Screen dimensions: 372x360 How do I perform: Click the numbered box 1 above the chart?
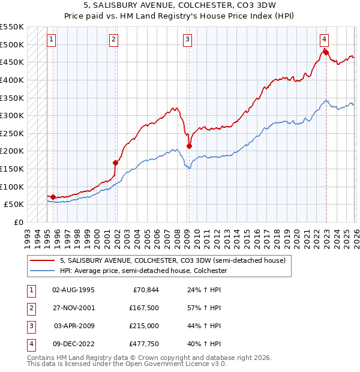[52, 40]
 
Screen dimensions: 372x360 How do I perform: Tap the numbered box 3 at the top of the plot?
[188, 40]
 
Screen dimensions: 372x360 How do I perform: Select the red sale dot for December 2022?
[326, 52]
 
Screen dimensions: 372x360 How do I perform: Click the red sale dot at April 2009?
[189, 146]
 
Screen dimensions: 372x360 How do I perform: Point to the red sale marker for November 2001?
[116, 163]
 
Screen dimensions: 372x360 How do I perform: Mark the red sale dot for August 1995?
[53, 197]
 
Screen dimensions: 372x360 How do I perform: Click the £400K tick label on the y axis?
[11, 80]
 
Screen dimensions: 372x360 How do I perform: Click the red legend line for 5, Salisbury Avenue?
[43, 260]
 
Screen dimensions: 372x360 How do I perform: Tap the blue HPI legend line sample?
[43, 271]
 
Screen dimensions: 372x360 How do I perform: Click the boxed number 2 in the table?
[30, 307]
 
